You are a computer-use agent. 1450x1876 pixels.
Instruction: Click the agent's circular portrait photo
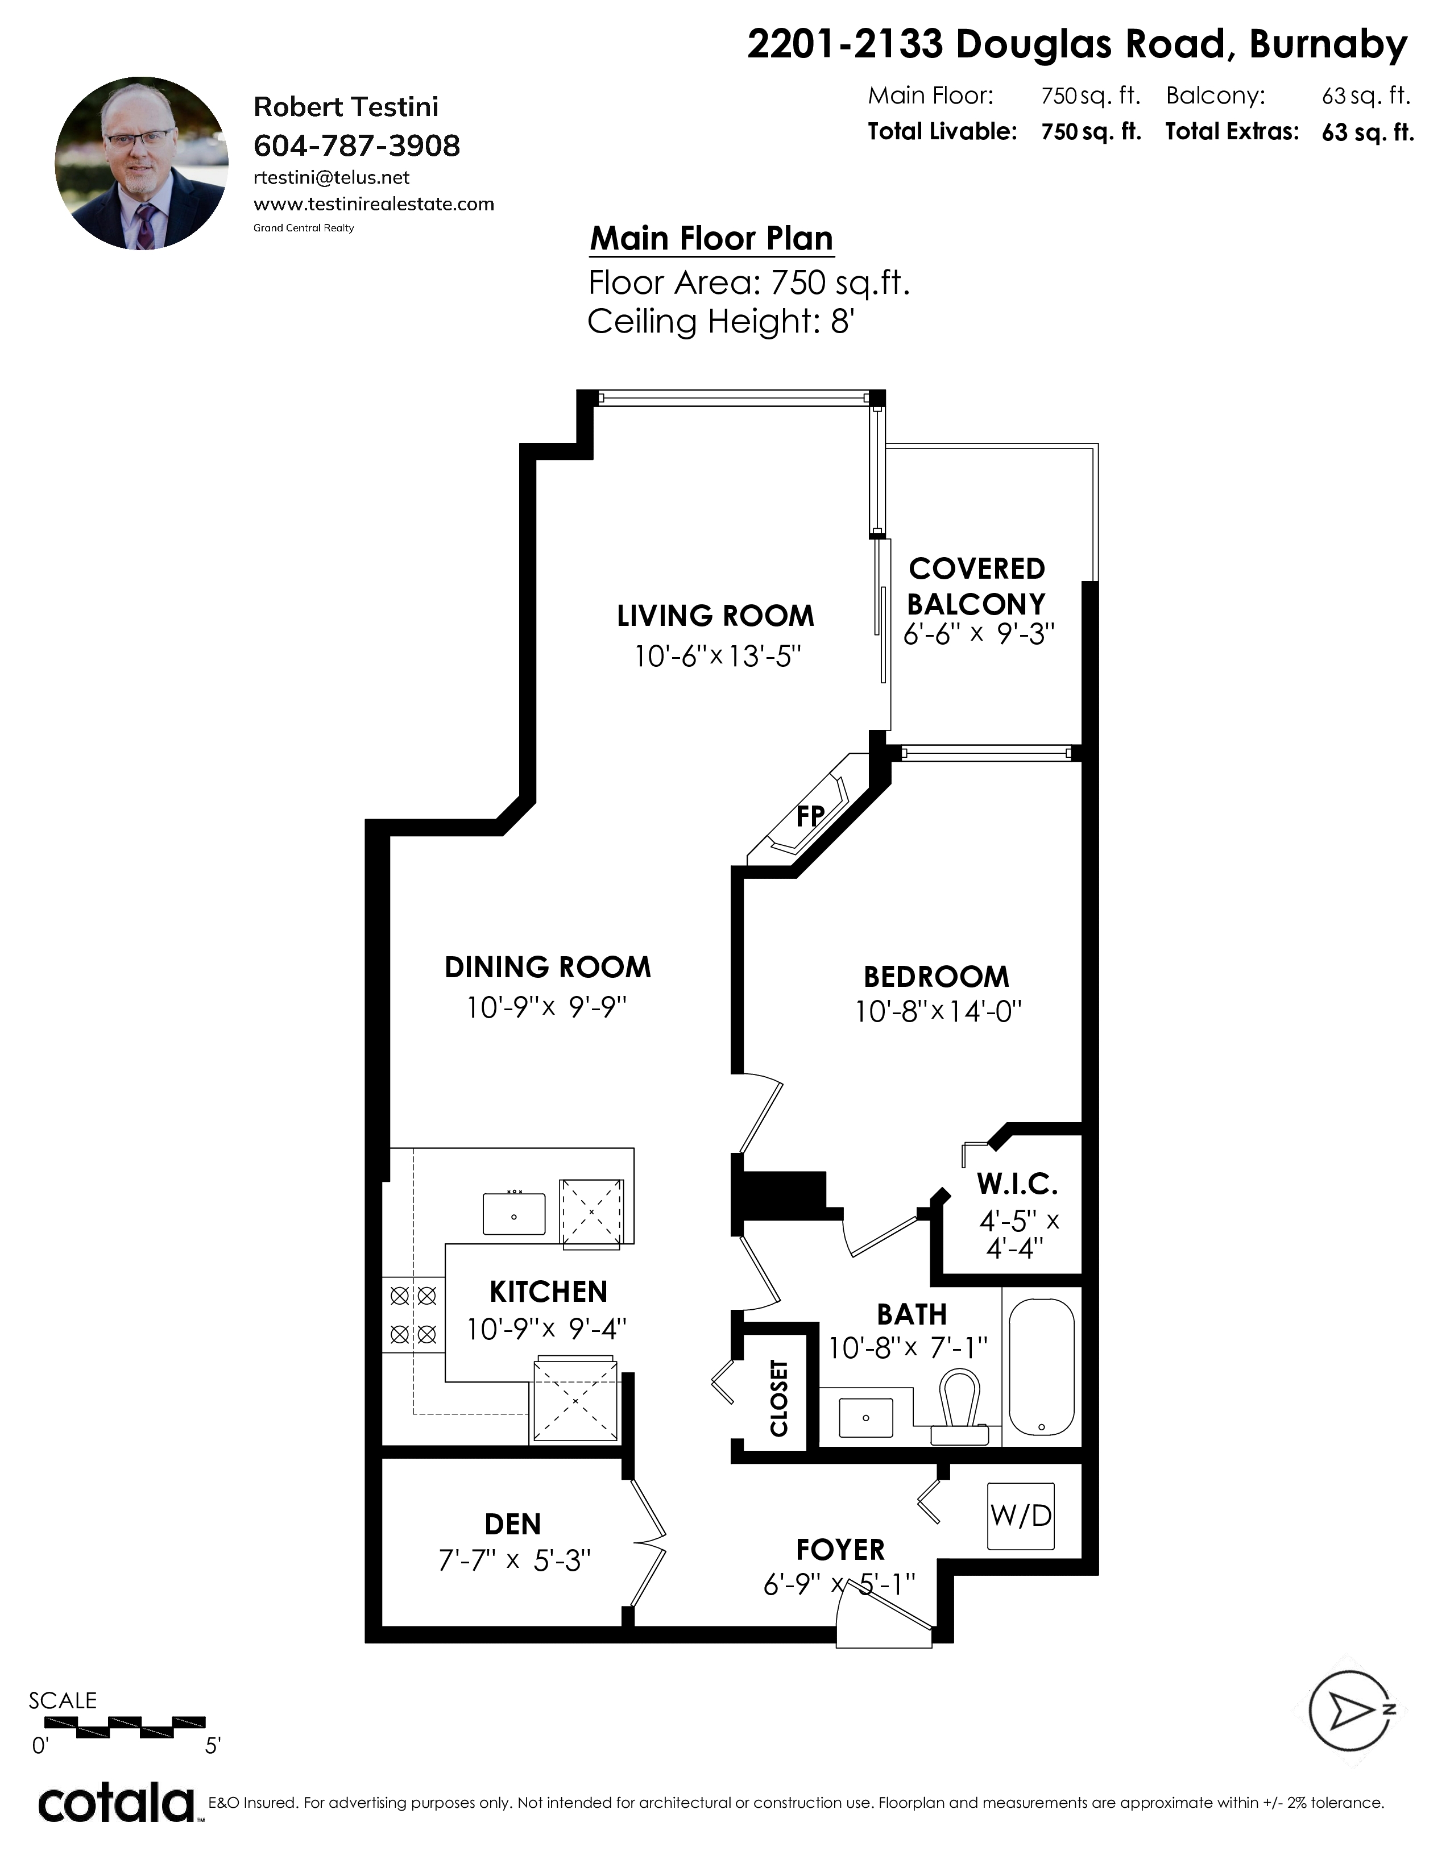142,163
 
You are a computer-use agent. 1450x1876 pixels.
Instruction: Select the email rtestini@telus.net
332,178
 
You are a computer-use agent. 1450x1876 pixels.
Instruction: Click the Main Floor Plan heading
711,238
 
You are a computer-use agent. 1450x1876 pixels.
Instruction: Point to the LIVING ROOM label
715,615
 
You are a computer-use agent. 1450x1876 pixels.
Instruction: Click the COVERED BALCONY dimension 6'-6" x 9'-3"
979,633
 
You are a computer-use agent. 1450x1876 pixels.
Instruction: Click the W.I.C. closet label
1017,1185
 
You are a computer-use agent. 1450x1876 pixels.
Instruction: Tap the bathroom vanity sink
865,1417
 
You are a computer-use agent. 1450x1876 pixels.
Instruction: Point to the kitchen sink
513,1214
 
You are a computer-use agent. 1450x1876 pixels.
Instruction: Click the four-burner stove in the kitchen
413,1314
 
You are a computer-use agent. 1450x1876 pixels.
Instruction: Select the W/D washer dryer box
1021,1515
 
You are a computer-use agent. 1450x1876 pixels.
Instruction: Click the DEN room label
513,1524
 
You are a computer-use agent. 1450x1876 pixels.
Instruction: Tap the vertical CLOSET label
779,1397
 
